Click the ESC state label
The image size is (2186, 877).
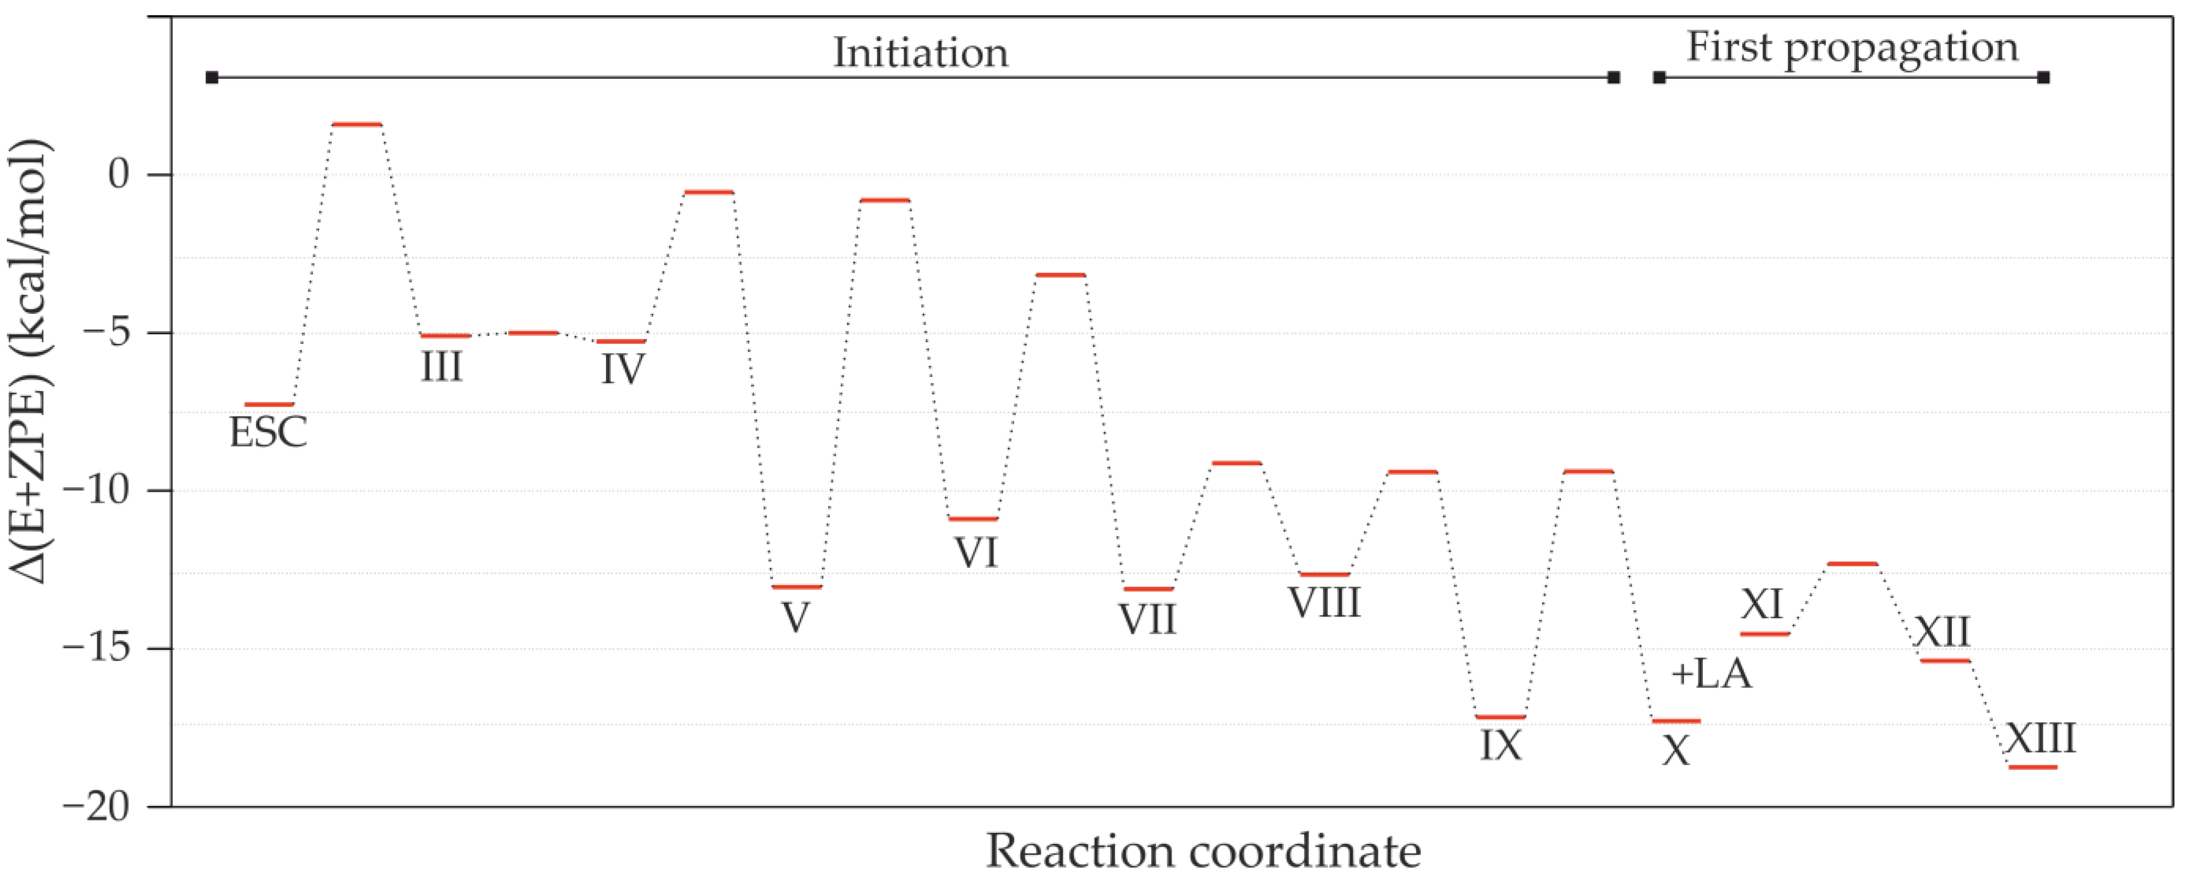pos(268,432)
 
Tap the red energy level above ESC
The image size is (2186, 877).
pos(269,405)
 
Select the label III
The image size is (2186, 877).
pos(442,367)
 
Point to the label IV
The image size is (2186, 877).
pos(623,371)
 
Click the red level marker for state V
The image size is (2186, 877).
pos(797,587)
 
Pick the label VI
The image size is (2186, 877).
pos(976,553)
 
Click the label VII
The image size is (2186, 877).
pos(1147,620)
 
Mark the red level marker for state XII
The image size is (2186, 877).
pos(1945,661)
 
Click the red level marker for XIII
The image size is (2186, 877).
pos(2033,768)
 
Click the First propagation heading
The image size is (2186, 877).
pos(1852,47)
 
